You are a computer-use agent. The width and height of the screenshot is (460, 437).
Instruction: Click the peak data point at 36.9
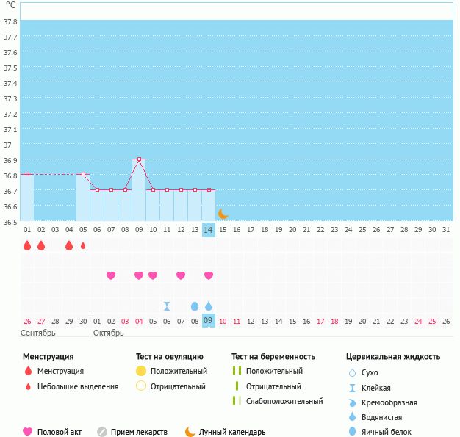(x=139, y=159)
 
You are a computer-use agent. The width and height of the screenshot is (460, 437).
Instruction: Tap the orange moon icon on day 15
(x=223, y=214)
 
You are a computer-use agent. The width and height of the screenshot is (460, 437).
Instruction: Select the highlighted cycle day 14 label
(x=209, y=230)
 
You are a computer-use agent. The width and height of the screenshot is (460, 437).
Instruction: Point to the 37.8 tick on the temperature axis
(x=10, y=21)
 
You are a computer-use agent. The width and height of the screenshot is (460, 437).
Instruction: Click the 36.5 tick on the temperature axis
(x=10, y=221)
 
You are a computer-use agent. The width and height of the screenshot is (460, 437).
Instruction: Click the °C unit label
(x=10, y=5)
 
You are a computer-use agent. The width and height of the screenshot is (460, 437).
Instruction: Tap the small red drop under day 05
(x=83, y=246)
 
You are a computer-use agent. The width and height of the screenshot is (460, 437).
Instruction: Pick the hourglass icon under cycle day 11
(x=167, y=306)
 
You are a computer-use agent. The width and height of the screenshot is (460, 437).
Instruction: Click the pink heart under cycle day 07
(x=111, y=275)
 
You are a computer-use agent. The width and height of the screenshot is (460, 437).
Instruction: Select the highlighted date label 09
(x=209, y=321)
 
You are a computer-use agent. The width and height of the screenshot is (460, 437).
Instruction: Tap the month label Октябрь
(x=109, y=333)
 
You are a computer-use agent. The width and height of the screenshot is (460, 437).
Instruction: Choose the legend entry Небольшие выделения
(x=78, y=386)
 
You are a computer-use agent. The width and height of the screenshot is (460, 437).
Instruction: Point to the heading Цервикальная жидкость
(x=393, y=357)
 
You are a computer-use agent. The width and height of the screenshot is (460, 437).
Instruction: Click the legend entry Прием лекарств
(x=139, y=433)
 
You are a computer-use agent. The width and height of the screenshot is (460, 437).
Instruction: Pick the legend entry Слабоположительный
(x=284, y=401)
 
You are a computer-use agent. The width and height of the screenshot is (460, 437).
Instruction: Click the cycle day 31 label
(x=445, y=230)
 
